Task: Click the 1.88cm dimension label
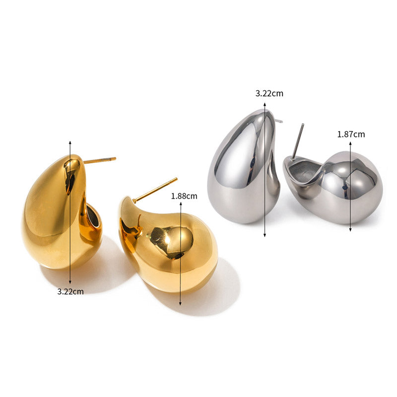point(184,196)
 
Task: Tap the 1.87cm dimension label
point(351,134)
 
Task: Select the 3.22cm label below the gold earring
point(70,291)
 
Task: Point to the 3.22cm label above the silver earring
point(269,93)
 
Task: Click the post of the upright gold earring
point(100,160)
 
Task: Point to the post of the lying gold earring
point(155,190)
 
